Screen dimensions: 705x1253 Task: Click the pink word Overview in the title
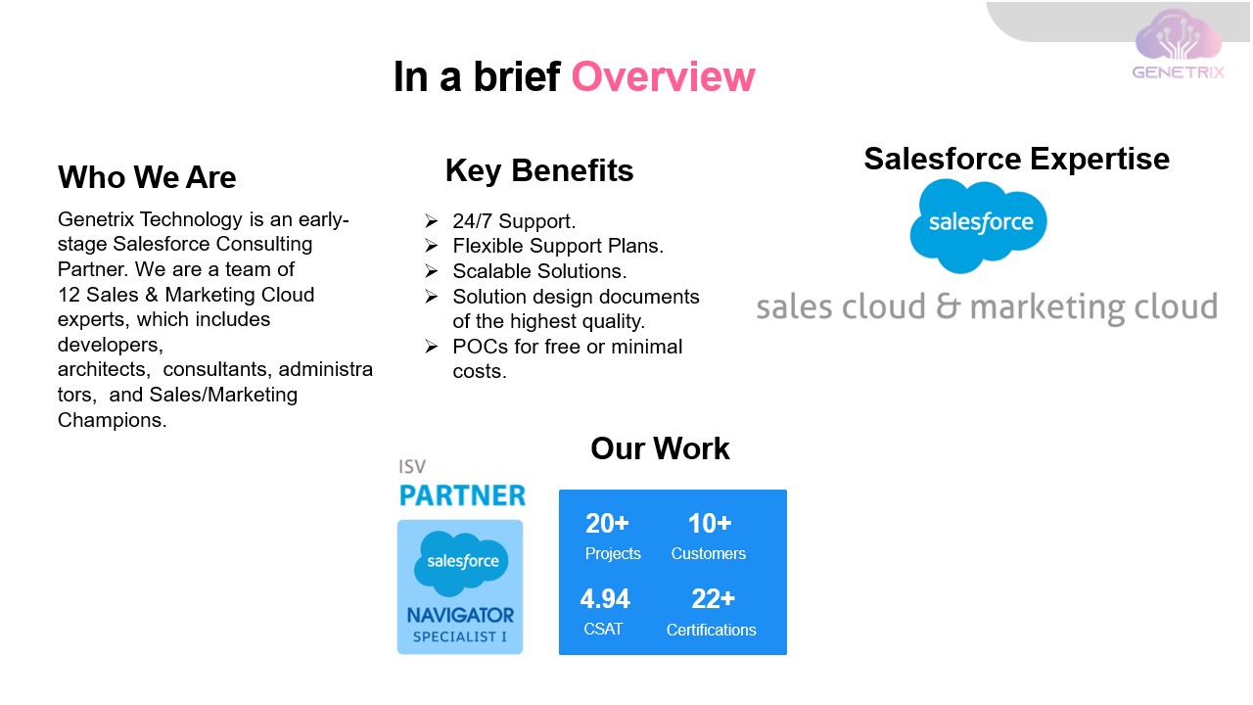click(663, 77)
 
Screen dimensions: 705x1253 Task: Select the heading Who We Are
click(147, 177)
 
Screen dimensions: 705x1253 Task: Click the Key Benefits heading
click(539, 170)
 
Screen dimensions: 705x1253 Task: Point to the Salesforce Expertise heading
click(1016, 159)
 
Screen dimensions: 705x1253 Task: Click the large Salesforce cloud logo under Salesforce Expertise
click(978, 224)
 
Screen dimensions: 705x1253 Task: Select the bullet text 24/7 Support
click(514, 221)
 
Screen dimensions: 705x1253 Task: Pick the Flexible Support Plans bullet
click(558, 246)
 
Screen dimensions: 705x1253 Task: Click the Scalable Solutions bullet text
click(539, 271)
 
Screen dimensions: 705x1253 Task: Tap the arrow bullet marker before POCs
click(431, 347)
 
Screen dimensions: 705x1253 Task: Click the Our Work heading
click(660, 448)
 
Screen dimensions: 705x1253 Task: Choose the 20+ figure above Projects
click(607, 524)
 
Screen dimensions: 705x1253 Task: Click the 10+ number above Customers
click(710, 524)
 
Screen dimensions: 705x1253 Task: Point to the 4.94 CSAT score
click(605, 599)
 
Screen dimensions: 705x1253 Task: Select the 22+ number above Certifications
click(713, 599)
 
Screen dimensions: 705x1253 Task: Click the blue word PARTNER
click(462, 495)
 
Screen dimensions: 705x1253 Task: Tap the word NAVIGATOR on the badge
click(460, 616)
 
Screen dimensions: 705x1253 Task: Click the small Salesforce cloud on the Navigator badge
click(461, 562)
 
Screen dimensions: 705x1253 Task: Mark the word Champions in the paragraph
click(111, 420)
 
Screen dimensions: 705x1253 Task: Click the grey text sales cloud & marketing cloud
click(987, 306)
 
